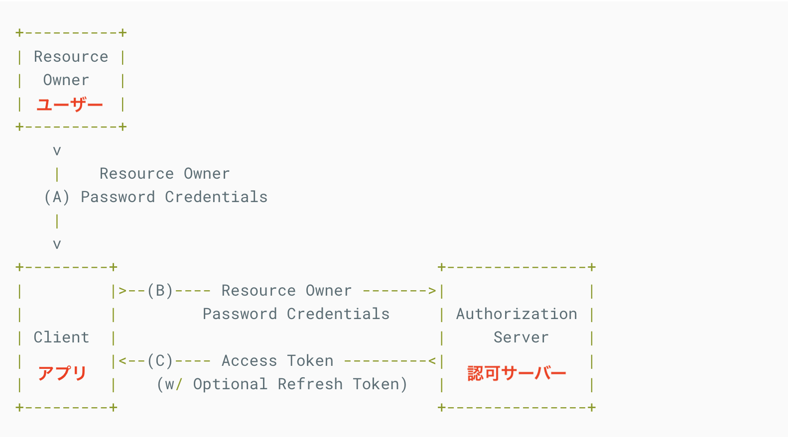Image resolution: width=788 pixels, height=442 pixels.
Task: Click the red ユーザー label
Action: click(69, 105)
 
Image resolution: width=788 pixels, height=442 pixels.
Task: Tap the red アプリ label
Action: click(63, 373)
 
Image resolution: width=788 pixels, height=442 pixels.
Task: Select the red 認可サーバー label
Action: click(517, 373)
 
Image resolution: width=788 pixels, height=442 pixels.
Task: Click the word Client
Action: click(61, 337)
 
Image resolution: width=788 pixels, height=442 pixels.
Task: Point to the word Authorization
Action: click(517, 314)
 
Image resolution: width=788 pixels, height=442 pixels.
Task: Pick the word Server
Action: click(521, 337)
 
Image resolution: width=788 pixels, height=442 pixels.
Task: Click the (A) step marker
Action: click(57, 197)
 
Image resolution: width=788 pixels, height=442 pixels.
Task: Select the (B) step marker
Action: click(160, 291)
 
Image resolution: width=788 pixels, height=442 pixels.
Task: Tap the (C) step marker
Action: click(160, 361)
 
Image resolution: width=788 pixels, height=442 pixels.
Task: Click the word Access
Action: click(249, 361)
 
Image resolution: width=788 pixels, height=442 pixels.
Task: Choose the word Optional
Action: click(230, 384)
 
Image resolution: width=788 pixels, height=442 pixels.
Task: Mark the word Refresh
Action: click(310, 384)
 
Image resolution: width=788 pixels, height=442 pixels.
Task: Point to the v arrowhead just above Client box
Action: click(57, 244)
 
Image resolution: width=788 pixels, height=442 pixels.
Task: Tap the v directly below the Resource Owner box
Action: click(57, 151)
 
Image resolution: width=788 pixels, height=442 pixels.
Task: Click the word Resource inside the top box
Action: click(71, 57)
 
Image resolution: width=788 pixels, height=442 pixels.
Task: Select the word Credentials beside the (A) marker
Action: click(216, 197)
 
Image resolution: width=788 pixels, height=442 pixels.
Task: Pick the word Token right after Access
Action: click(310, 361)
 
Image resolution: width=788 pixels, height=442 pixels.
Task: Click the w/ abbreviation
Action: click(174, 384)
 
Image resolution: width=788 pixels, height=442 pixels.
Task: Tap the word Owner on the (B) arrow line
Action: click(328, 291)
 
